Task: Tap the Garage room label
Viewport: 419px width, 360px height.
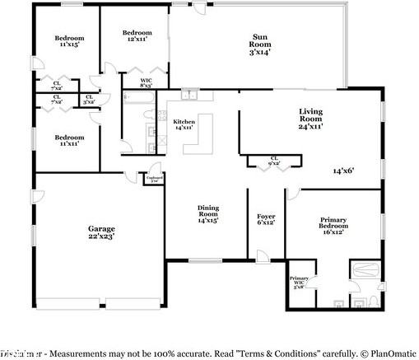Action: click(x=100, y=231)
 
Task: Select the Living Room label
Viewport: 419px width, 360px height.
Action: click(x=310, y=121)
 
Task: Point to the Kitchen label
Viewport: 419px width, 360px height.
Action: click(x=183, y=124)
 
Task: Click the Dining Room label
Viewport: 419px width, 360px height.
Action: click(x=207, y=214)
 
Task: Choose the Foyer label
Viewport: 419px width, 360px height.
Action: click(x=265, y=218)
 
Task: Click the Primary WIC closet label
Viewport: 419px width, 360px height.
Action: click(x=298, y=283)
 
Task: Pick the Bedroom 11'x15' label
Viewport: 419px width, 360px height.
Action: click(x=69, y=41)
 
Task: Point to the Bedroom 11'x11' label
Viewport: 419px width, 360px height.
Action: click(x=69, y=140)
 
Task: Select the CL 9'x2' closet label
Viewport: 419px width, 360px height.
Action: click(x=263, y=161)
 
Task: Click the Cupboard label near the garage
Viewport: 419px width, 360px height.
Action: click(x=153, y=179)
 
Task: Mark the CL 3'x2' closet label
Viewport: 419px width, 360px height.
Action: click(x=87, y=100)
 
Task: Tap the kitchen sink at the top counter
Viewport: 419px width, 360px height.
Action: click(x=191, y=95)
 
